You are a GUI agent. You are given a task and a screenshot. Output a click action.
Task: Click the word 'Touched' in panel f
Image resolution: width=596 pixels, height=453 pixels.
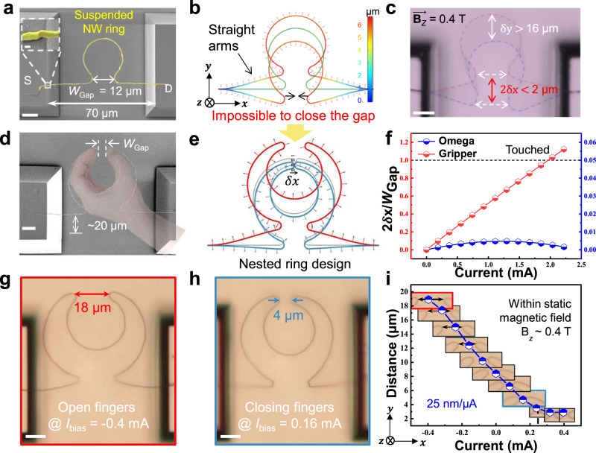point(528,150)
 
